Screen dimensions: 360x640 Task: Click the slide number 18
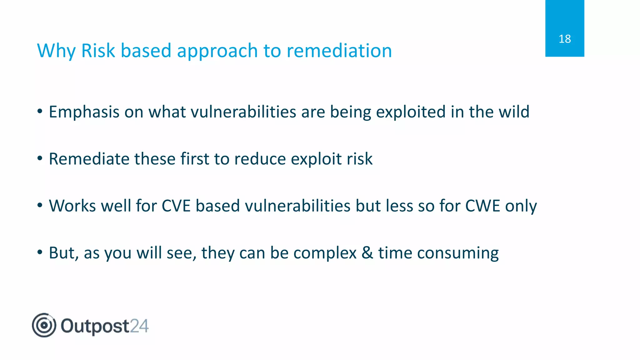[564, 39]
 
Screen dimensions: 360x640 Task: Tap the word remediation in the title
[339, 51]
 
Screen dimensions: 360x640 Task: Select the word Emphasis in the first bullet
[84, 112]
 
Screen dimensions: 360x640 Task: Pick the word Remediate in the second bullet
[89, 159]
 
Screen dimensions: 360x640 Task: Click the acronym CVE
[176, 206]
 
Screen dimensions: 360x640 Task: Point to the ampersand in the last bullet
[367, 253]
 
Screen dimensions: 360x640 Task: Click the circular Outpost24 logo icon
[44, 325]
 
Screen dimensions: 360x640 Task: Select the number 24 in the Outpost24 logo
[139, 326]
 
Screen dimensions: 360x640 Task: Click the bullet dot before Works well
[40, 205]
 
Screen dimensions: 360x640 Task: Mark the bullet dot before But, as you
[40, 252]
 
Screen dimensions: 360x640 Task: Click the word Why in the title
[56, 51]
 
